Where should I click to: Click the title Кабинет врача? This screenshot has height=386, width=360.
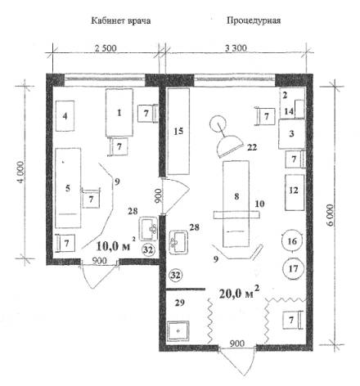121,20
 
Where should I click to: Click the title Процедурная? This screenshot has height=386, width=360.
254,20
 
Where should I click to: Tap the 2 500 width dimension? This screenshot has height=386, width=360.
106,48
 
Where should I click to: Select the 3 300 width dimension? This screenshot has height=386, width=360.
236,48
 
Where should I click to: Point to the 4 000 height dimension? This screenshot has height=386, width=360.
21,173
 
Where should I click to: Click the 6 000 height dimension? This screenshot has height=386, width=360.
330,215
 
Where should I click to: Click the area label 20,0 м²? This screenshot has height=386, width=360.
239,293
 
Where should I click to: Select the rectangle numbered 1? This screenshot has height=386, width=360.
119,112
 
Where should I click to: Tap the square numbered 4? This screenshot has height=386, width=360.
65,116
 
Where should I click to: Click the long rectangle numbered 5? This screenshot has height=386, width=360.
68,188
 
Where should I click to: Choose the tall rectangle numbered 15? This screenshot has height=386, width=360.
178,131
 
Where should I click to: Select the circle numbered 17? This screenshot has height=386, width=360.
293,269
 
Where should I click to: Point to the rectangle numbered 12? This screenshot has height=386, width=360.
295,192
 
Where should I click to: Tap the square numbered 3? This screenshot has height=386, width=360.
291,134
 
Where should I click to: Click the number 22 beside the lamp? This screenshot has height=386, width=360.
252,147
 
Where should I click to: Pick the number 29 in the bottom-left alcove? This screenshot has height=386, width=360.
179,303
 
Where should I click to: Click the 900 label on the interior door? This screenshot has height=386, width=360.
157,195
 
